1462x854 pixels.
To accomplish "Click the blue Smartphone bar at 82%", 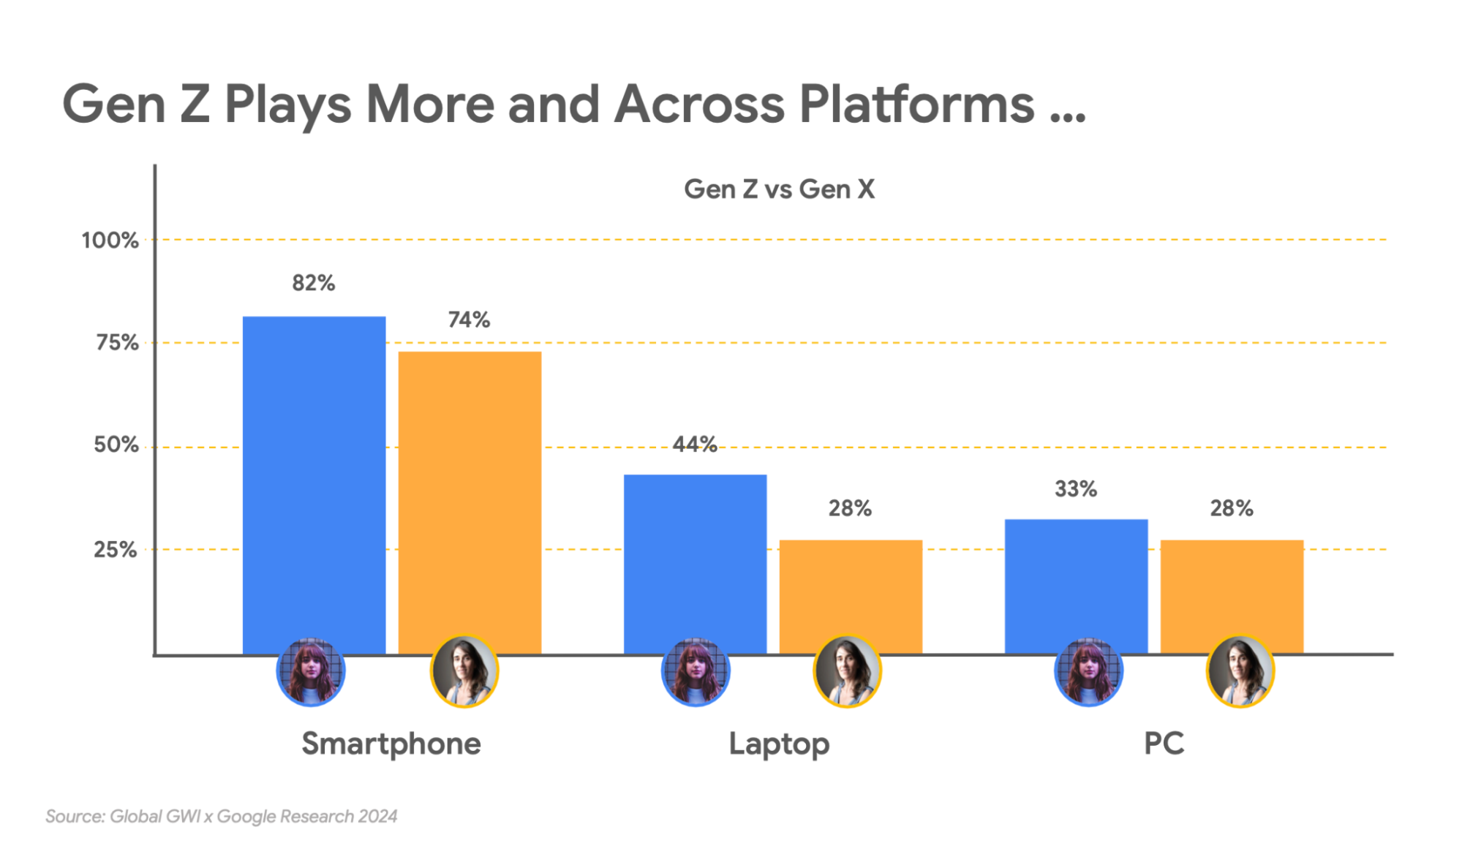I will pos(314,483).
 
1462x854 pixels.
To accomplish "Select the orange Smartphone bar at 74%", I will pos(470,501).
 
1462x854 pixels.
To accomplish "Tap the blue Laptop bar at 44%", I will pos(695,563).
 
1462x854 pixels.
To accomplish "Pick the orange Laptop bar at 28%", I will pos(851,596).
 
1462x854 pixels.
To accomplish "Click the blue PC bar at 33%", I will pos(1076,585).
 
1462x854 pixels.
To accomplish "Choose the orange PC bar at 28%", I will pos(1232,596).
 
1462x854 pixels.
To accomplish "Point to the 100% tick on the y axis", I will pos(110,241).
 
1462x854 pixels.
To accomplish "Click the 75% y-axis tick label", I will pos(117,343).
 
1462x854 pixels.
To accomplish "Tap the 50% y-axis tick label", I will pos(116,445).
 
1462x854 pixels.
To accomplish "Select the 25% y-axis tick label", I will pos(115,550).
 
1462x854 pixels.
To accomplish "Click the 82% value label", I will pos(314,283).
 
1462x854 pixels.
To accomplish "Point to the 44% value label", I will pos(694,444).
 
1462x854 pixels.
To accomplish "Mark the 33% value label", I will pos(1075,489).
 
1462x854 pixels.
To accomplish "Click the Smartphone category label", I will pos(391,744).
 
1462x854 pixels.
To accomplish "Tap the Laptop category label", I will pos(779,744).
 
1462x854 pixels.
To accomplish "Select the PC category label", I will pos(1164,744).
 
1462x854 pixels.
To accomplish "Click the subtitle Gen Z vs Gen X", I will pos(779,189).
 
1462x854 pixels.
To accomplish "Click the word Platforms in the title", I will pos(916,105).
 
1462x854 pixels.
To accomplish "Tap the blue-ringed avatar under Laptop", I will pos(695,672).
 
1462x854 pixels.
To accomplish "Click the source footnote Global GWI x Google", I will pos(221,817).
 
